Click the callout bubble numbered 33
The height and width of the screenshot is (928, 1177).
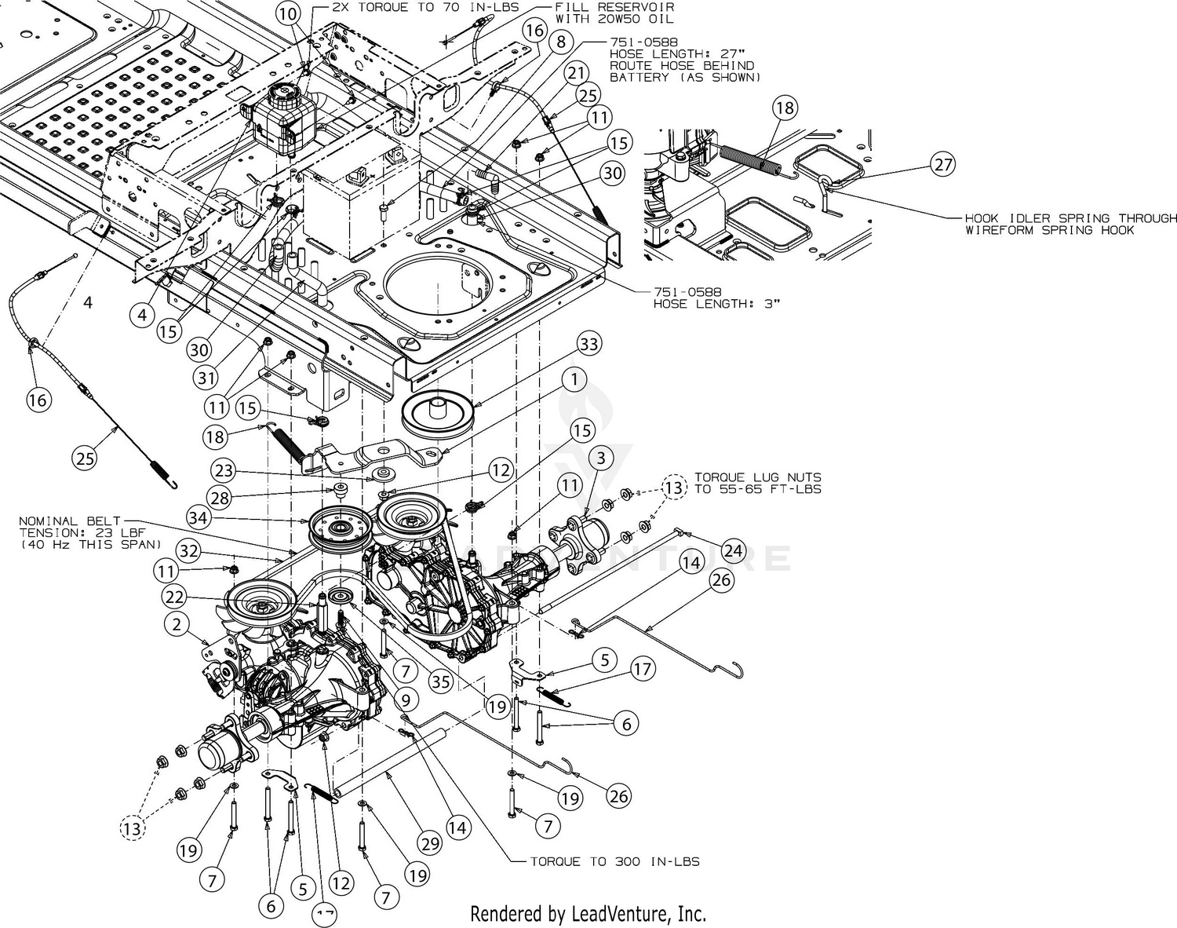point(588,344)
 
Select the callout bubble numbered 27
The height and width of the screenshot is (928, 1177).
point(942,164)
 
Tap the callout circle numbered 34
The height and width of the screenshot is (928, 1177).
point(198,517)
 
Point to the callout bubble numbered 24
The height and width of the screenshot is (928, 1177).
point(733,550)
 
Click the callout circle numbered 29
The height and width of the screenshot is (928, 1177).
point(430,843)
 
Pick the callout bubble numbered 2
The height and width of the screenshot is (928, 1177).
point(176,624)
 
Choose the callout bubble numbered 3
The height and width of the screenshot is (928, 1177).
point(601,458)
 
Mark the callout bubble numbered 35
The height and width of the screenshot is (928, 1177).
point(440,681)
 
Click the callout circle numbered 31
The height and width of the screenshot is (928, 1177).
point(206,378)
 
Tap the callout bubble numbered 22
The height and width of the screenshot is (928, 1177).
point(174,597)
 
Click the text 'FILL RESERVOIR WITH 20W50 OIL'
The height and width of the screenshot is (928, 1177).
point(614,13)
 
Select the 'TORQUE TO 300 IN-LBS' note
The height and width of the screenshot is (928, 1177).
point(614,862)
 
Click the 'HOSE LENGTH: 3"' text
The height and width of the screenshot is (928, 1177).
point(717,304)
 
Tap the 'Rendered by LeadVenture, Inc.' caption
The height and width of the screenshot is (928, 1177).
point(588,914)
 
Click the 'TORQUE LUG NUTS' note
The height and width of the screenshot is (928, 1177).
point(758,477)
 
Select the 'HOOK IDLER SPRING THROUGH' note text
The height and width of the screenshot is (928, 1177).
point(1070,218)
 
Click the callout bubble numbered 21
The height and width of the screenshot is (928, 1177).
point(575,73)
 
